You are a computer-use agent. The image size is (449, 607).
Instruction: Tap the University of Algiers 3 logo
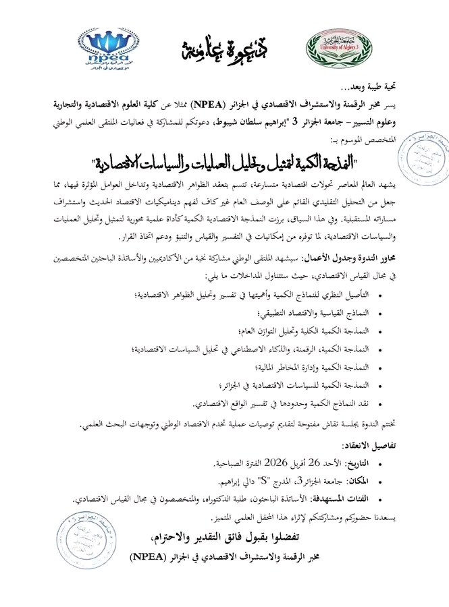click(x=338, y=49)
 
